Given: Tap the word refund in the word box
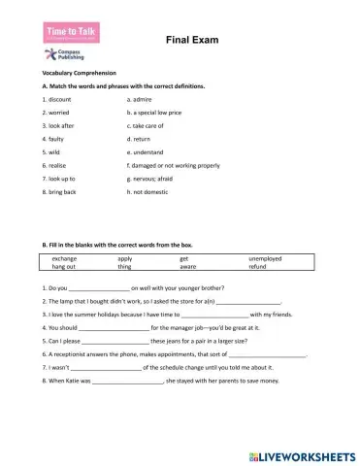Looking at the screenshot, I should [x=259, y=266].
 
